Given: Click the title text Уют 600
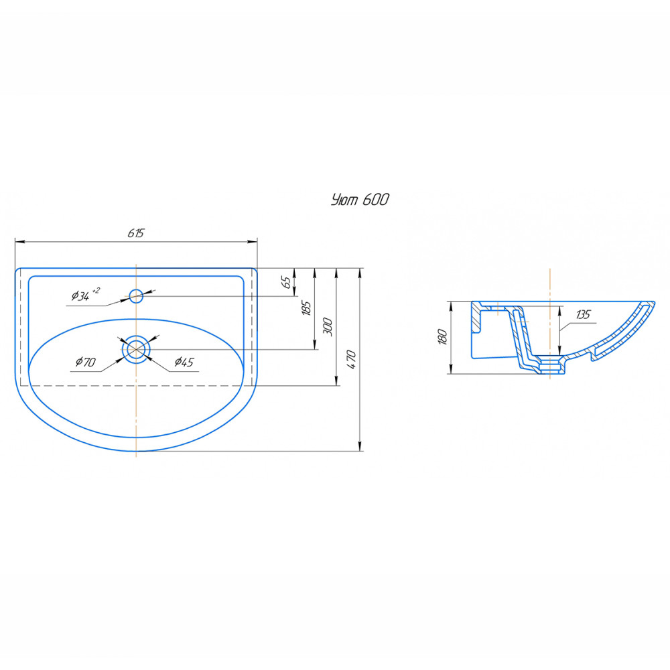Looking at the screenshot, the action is (x=360, y=200).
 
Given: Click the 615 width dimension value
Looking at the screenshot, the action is (x=136, y=233).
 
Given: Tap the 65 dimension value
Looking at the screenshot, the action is (x=286, y=282).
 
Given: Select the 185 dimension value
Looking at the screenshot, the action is (x=306, y=308).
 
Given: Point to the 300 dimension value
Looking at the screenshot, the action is (x=328, y=326).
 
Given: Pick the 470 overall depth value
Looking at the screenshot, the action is (x=351, y=359).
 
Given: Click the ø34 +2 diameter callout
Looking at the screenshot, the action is (x=86, y=294).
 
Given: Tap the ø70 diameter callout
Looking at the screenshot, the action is (x=86, y=362).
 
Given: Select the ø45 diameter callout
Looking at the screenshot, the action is (x=184, y=362).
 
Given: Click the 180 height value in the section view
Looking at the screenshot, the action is (x=442, y=337).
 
